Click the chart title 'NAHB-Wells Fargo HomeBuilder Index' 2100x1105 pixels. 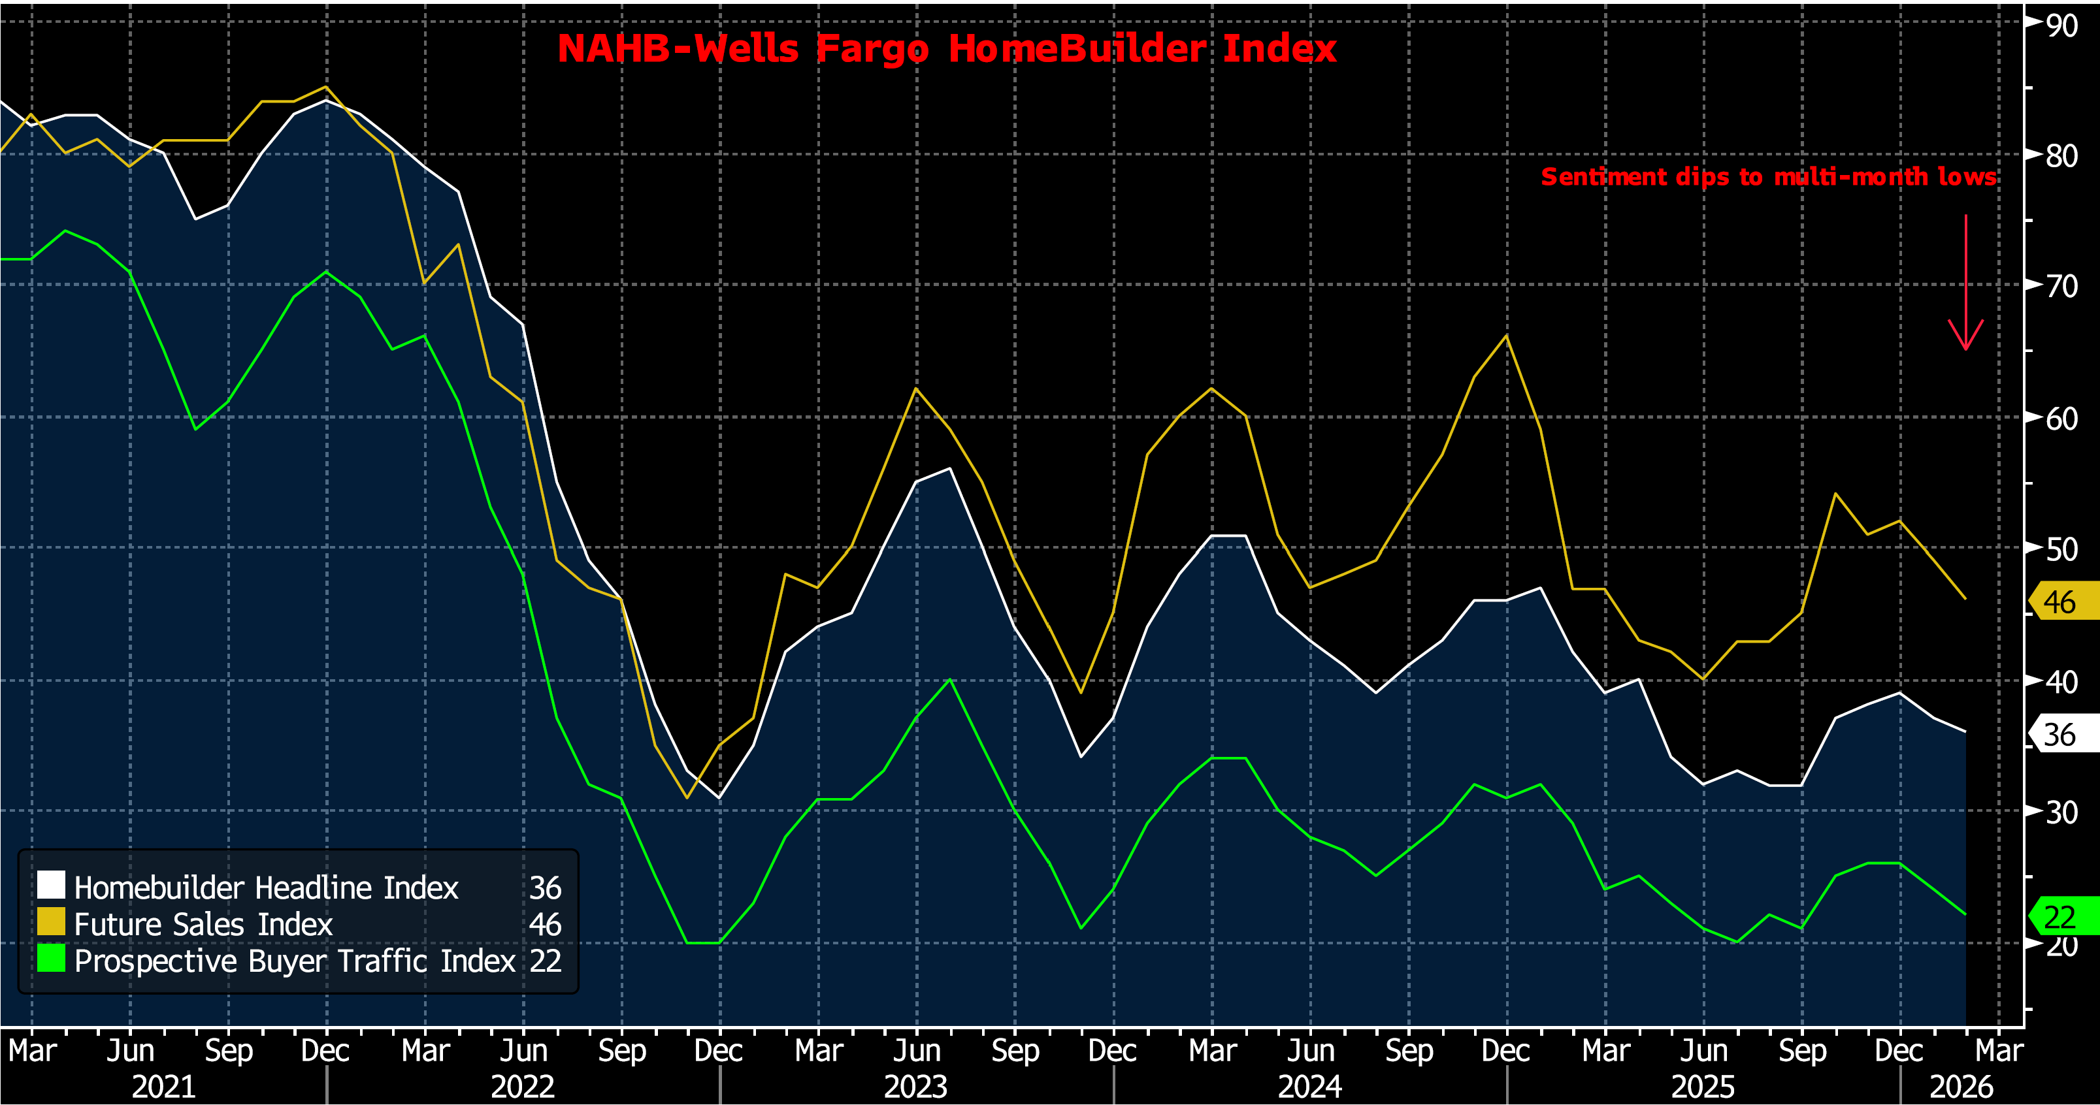tap(947, 49)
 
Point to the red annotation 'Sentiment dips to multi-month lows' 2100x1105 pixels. tap(1768, 177)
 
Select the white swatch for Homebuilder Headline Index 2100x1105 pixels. tap(50, 885)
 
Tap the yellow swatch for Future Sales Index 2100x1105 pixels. tap(50, 921)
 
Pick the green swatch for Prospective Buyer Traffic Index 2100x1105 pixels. tap(50, 958)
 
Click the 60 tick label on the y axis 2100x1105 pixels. tap(2061, 419)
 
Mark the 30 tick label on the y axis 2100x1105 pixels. tap(2061, 812)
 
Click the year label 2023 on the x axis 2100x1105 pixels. tap(915, 1086)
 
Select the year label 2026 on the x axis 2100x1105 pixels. tap(1961, 1086)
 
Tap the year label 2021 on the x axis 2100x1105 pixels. tap(163, 1086)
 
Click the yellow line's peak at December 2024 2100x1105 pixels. tap(1505, 336)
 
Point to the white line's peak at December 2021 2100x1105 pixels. tap(326, 100)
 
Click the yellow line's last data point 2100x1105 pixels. tap(1965, 599)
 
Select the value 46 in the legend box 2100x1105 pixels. tap(544, 924)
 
